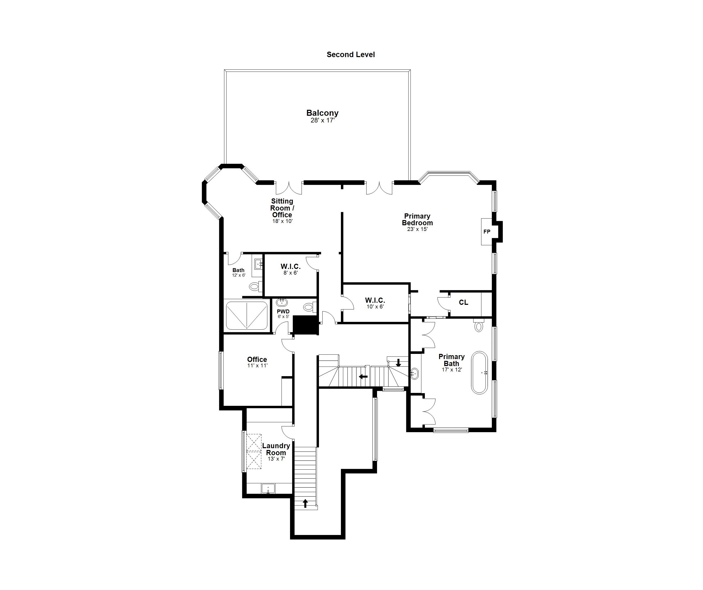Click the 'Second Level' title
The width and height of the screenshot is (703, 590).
tap(350, 55)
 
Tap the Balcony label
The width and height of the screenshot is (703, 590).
tap(322, 113)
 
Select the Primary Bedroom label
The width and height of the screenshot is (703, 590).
tap(417, 219)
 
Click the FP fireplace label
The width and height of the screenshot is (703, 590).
tap(487, 232)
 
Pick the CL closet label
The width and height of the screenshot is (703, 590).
tap(463, 302)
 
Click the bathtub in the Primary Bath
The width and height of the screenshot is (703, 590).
tap(479, 372)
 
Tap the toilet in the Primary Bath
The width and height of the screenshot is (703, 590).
tap(479, 325)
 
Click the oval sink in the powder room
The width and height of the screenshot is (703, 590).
tap(282, 303)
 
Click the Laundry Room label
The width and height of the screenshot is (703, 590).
tap(276, 449)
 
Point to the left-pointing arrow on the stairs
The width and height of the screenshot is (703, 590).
tap(363, 376)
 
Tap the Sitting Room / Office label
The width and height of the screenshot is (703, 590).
tap(282, 208)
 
